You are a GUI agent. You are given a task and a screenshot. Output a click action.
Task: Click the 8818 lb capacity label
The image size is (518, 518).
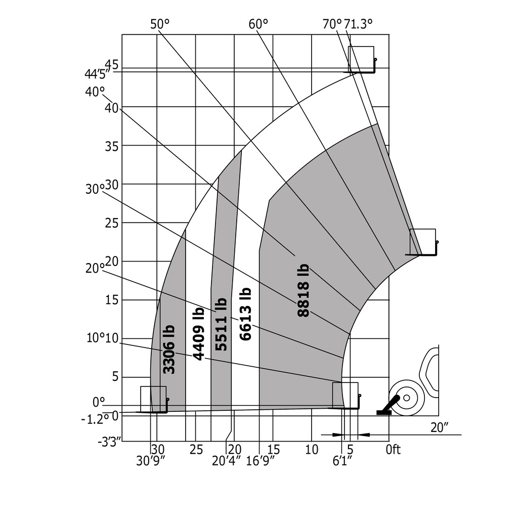304,290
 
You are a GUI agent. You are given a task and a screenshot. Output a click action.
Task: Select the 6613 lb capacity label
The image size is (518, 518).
245,314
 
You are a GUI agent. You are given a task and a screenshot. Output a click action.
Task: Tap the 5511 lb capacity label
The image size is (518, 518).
221,324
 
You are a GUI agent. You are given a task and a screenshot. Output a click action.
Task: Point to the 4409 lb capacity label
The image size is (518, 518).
198,334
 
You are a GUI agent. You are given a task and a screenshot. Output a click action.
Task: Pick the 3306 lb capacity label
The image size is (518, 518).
169,350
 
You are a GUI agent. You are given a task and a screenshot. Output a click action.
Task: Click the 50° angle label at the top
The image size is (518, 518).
159,24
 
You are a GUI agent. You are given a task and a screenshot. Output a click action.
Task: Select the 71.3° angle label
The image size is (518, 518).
358,24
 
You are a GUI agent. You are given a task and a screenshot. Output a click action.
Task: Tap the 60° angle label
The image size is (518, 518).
258,24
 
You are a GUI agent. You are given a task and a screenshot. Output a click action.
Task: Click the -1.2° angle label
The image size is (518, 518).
95,419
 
